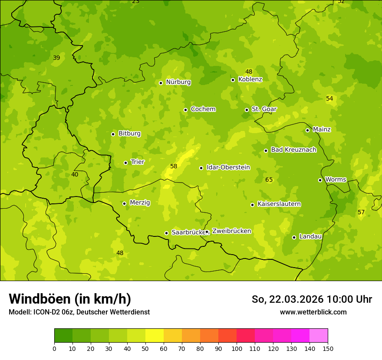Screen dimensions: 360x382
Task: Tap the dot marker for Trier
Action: click(126, 163)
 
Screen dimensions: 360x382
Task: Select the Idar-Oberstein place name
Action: click(228, 167)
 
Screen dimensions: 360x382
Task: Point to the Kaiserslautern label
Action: click(279, 204)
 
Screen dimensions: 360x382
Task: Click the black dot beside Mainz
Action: click(307, 130)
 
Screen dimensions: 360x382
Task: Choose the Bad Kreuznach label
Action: click(293, 150)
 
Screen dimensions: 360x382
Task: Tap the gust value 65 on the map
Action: click(269, 180)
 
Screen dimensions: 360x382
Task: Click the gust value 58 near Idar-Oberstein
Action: click(174, 166)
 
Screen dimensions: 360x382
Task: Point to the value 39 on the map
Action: click(56, 58)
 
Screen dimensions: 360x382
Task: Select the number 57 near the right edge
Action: click(361, 212)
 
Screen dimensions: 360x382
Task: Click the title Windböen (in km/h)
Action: click(70, 299)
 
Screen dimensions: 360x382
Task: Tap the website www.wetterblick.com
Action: click(313, 312)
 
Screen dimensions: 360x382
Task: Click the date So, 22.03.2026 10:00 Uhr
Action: click(312, 299)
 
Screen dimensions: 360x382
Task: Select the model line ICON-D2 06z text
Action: click(79, 312)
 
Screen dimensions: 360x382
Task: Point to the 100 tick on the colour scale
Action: click(237, 348)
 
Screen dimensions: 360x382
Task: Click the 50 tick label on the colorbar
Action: click(145, 348)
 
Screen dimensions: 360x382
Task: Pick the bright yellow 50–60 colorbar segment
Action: click(155, 336)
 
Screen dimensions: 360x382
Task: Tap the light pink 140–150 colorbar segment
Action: click(319, 336)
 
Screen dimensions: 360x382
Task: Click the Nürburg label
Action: click(178, 82)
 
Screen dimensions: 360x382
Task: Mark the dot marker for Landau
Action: click(294, 237)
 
